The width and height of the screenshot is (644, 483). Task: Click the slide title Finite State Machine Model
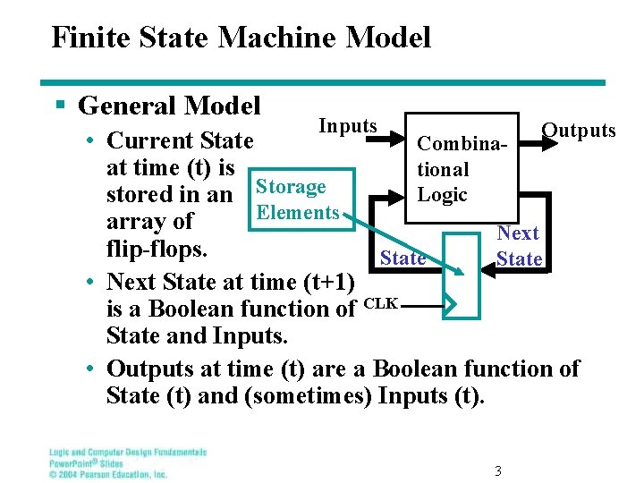pos(241,38)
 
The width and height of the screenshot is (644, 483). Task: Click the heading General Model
pos(169,106)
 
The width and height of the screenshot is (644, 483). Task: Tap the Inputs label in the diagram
pos(348,126)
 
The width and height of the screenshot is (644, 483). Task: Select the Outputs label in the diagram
pos(579,131)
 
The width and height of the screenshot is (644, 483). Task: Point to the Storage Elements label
pos(295,199)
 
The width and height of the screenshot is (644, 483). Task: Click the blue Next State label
pos(519,246)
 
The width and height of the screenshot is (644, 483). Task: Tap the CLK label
pos(381,303)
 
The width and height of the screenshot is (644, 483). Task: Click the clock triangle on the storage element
pos(451,304)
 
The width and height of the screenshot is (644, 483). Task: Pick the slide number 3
pos(498,471)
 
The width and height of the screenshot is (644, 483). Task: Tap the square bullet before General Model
pos(61,106)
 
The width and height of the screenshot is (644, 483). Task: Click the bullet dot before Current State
pos(92,141)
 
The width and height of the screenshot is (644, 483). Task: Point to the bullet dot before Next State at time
pos(92,283)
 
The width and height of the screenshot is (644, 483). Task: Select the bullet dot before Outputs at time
pos(92,369)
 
